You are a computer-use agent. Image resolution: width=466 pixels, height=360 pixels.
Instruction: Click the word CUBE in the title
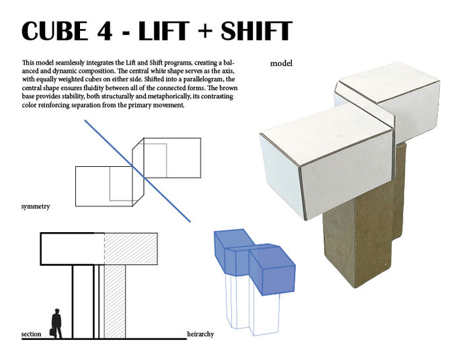click(55, 31)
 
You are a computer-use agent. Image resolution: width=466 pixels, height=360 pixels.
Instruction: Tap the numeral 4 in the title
click(104, 31)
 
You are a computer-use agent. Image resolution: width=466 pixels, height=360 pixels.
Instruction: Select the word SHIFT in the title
click(257, 31)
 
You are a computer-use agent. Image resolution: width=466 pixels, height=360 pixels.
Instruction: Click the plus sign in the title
click(205, 31)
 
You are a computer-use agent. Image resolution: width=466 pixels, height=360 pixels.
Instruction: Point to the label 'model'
click(281, 63)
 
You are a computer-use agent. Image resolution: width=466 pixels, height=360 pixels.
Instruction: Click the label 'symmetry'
click(36, 207)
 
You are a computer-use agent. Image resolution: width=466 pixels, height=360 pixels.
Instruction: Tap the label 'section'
click(31, 334)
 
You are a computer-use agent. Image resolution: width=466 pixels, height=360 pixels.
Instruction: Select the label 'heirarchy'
click(200, 334)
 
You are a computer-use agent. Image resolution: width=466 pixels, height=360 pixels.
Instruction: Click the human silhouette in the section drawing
click(56, 324)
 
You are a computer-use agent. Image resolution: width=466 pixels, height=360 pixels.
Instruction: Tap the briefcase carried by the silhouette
click(52, 332)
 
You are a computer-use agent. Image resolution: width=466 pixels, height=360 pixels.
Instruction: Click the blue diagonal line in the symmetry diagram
click(137, 171)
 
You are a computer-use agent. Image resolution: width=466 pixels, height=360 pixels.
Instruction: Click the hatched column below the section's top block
click(115, 301)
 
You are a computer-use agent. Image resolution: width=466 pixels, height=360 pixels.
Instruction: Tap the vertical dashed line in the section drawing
click(104, 249)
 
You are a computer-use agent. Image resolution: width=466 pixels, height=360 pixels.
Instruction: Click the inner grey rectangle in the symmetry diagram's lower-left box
click(121, 184)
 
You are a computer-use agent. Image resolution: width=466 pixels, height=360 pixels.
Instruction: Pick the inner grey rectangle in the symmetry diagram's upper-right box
click(155, 161)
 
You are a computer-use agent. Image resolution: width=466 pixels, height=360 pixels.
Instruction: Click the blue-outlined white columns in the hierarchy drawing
click(253, 305)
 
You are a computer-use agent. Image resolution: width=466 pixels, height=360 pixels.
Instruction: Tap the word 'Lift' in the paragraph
click(130, 63)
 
